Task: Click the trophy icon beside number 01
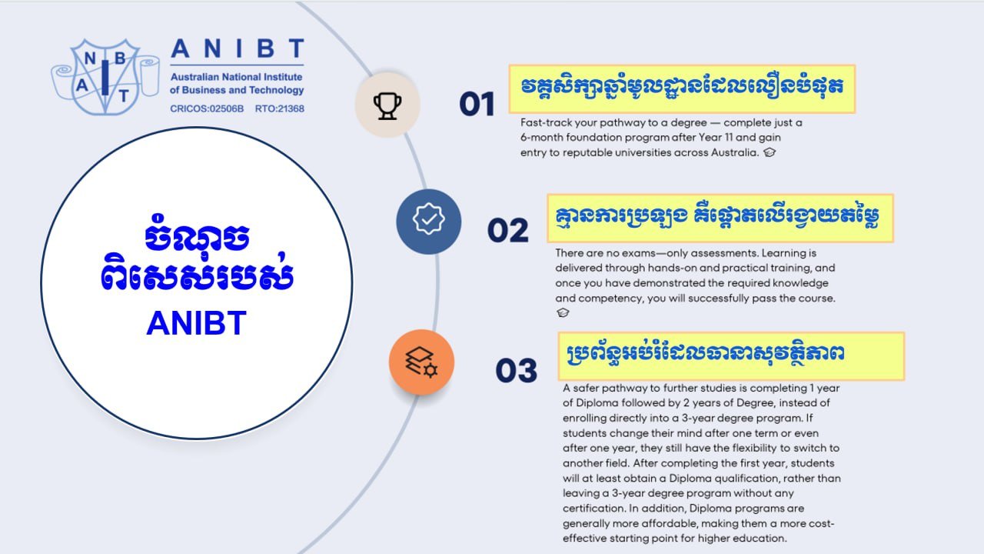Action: point(387,105)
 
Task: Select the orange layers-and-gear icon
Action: point(421,362)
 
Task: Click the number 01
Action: point(477,104)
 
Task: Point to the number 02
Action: point(508,231)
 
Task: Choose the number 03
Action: point(516,371)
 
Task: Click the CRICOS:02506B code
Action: point(207,108)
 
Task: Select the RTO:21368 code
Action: point(279,108)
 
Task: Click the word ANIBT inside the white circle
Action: point(196,324)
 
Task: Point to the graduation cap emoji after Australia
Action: point(770,152)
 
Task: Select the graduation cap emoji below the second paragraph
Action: point(563,312)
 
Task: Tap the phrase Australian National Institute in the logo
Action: point(236,78)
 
